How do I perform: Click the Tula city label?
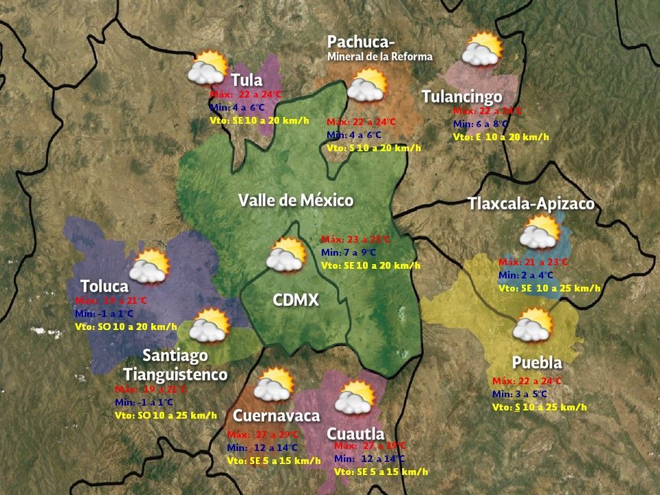coord(247,80)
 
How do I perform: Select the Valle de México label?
coord(296,201)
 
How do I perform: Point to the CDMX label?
coord(296,300)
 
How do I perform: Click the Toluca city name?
coord(104,286)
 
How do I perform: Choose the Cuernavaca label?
coord(276,416)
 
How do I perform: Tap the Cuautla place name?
coord(355,434)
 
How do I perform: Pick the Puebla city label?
coord(537,362)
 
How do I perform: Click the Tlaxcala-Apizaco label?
coord(531,204)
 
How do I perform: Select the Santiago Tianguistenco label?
coord(175,365)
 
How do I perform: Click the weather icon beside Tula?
coord(208,67)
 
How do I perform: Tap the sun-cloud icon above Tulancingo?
coord(482,49)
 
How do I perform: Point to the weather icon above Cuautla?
coord(355,397)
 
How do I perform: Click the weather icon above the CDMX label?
coord(286,254)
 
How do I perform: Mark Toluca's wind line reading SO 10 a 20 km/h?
coord(126,327)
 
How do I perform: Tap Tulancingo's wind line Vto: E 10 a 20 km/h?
coord(500,137)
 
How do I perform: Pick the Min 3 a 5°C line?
coord(520,394)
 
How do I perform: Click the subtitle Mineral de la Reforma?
coord(379,56)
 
